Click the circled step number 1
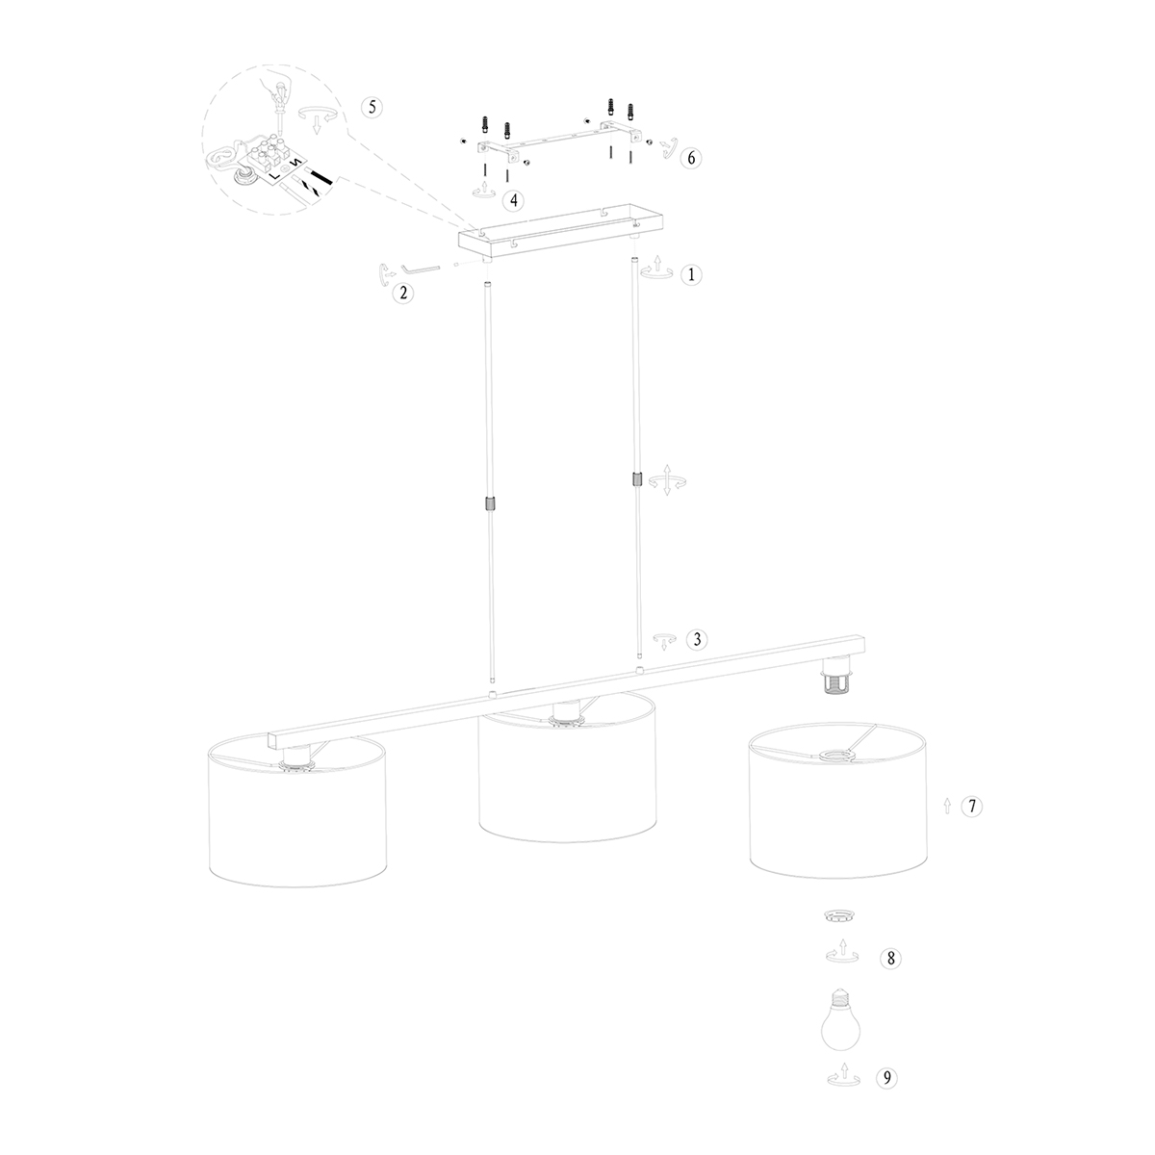689,274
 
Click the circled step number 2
405,294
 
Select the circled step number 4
514,199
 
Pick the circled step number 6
689,159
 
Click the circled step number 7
972,807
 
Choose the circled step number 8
891,958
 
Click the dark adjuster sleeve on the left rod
489,504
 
